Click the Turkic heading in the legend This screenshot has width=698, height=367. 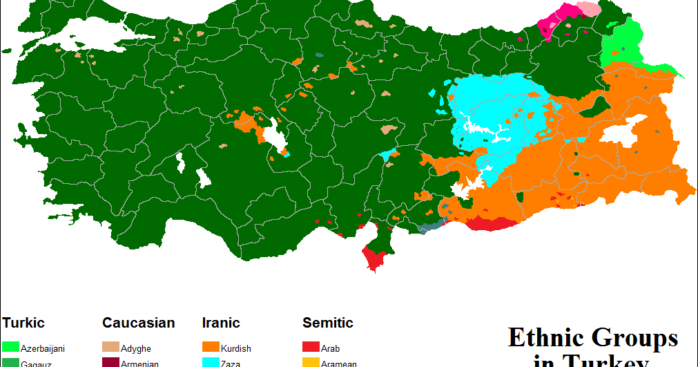coord(23,323)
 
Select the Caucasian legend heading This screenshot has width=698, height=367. coord(138,323)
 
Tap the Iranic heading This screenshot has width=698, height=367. coord(221,323)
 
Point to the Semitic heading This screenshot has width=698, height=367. coord(328,323)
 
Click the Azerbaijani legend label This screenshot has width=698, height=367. coord(43,349)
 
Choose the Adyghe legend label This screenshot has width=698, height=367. coord(135,349)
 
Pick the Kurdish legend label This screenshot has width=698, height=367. coord(236,349)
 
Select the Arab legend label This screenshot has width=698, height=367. coord(330,349)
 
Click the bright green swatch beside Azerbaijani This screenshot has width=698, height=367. coord(10,347)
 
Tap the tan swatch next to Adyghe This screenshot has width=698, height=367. coord(110,347)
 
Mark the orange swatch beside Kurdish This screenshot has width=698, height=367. coord(211,347)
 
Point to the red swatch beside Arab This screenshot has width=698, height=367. coord(311,347)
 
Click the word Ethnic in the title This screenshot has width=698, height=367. coord(544,338)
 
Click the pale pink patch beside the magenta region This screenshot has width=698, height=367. coord(588,9)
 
